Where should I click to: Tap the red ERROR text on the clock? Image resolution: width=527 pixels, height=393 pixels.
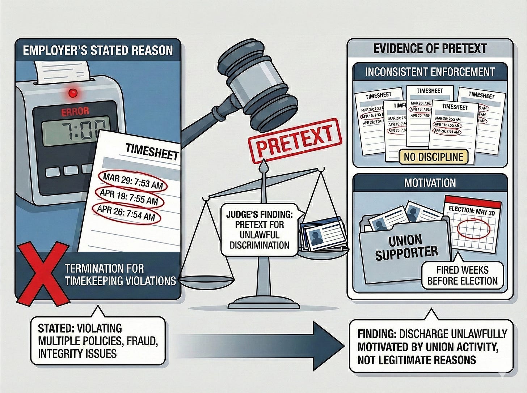75,111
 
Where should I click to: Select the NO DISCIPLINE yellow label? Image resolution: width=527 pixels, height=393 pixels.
434,157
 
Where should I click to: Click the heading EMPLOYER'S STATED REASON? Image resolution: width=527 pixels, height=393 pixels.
98,50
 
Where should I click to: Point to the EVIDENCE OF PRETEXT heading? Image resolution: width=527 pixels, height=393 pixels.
430,49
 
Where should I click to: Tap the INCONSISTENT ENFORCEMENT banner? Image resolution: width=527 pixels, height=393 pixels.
430,72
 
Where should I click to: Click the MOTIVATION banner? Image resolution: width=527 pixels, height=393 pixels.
430,183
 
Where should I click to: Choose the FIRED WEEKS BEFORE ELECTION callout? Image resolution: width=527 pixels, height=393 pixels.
463,275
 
